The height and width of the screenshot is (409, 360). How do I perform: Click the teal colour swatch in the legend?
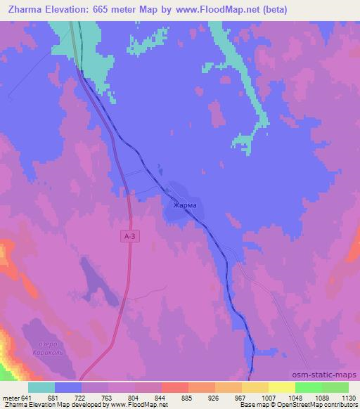pyautogui.click(x=41, y=387)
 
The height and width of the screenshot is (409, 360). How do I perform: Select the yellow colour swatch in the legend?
pyautogui.click(x=282, y=387)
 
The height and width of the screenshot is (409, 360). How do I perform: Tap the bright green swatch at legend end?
pyautogui.click(x=335, y=387)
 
